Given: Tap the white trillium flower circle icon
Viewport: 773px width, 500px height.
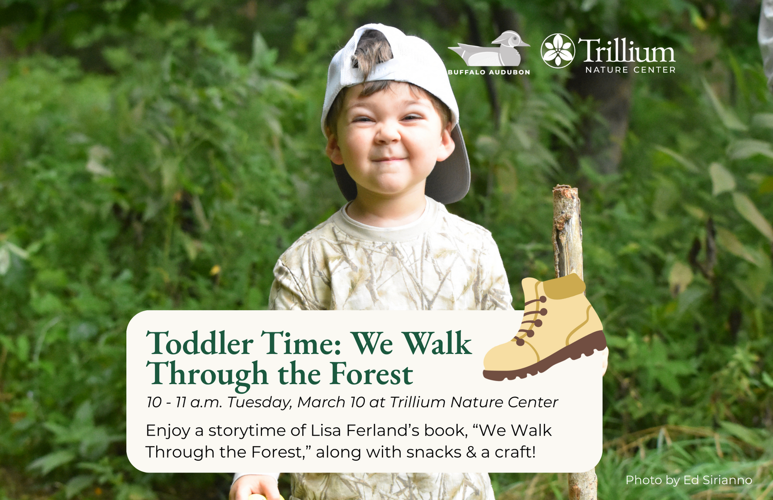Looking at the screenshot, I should (x=557, y=51).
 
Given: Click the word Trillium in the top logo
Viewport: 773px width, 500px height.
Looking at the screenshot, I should (x=626, y=51).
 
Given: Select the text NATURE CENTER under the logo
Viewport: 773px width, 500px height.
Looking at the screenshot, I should (x=630, y=70).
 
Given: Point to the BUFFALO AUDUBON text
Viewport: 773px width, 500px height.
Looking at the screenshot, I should (x=489, y=72).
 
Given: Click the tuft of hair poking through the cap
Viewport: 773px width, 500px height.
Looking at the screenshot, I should (x=372, y=50).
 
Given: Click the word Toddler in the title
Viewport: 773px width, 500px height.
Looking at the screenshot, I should (x=199, y=343).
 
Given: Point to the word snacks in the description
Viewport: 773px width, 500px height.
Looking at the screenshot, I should (x=434, y=452).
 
